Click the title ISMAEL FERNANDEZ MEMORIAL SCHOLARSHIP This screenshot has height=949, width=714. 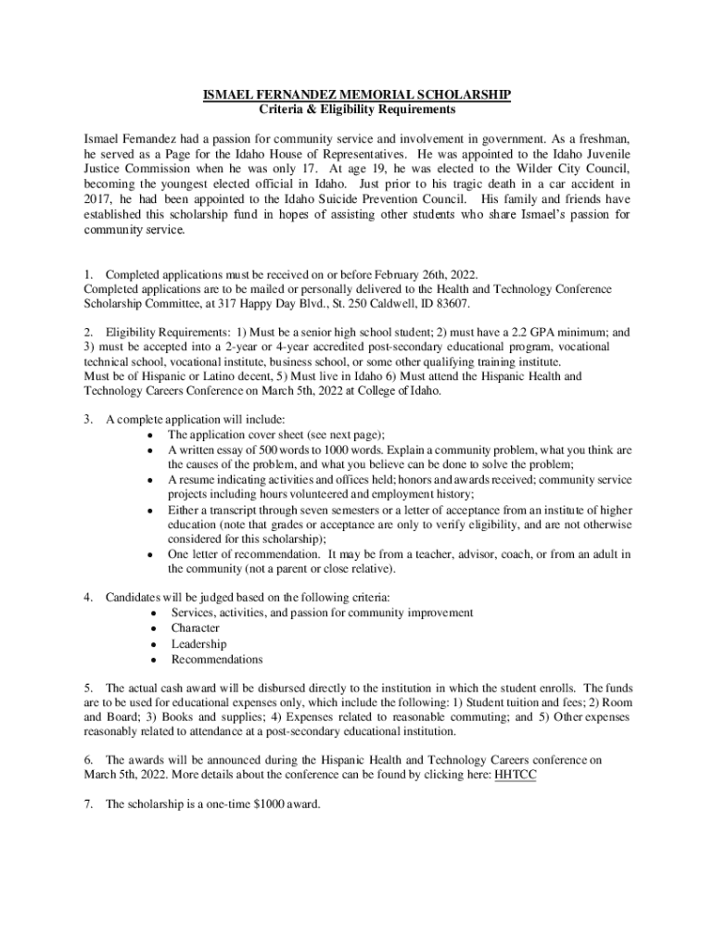click(357, 95)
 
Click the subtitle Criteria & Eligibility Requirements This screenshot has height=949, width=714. click(357, 109)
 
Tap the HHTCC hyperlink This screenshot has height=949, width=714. click(516, 776)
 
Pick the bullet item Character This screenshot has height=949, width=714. click(195, 627)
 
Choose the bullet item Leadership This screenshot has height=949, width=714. click(198, 643)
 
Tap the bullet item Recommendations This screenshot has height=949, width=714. click(217, 659)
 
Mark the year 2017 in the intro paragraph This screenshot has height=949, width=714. click(98, 200)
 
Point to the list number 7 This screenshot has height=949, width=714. click(87, 804)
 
